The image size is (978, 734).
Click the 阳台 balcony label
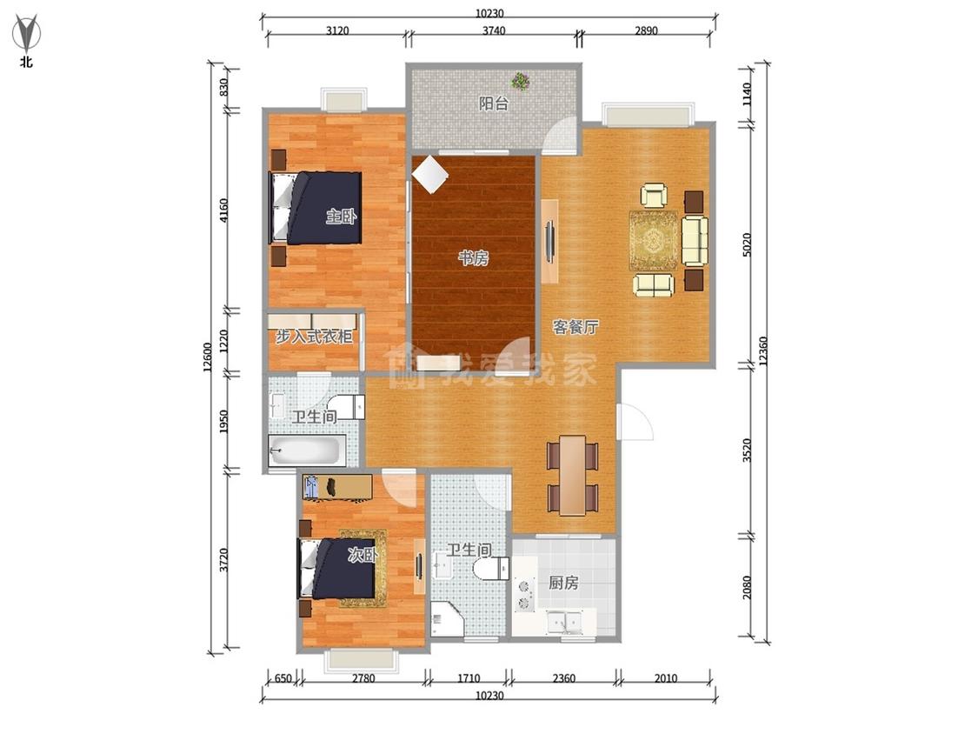point(494,103)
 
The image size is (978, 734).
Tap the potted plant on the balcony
point(520,81)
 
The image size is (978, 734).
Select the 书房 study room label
point(474,257)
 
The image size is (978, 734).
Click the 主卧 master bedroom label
point(341,217)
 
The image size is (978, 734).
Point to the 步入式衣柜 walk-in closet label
point(315,337)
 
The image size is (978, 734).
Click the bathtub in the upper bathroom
point(306,450)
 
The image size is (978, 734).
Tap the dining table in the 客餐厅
point(573,475)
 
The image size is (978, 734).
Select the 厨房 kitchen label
point(563,583)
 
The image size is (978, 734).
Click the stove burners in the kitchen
point(524,594)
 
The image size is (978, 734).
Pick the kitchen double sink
point(564,623)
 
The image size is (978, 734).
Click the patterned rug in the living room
point(654,240)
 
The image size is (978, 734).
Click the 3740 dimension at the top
point(494,30)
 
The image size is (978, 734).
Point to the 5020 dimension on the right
point(748,244)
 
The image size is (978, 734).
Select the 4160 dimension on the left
point(224,210)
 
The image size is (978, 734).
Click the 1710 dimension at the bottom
point(469,678)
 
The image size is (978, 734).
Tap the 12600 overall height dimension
point(208,357)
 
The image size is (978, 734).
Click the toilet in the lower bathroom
point(491,569)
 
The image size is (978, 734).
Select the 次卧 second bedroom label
point(363,554)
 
